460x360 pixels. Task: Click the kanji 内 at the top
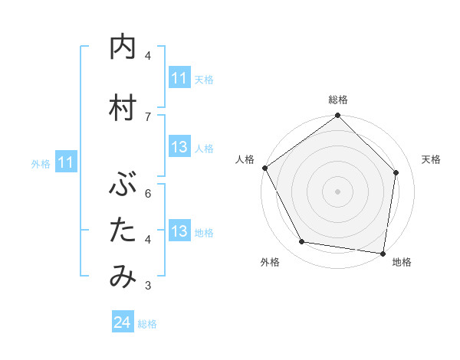coord(123,48)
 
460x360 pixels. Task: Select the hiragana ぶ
coord(123,184)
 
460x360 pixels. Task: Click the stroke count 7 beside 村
coord(148,116)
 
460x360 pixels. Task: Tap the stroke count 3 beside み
coord(148,286)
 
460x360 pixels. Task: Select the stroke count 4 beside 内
coord(148,56)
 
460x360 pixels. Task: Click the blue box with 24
coord(123,323)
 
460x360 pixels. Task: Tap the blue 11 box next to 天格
coord(179,78)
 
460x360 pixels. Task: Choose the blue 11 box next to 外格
coord(66,162)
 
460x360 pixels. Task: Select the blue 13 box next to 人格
coord(179,147)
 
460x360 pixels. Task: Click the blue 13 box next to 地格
coord(179,231)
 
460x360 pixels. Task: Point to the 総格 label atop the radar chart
coord(338,100)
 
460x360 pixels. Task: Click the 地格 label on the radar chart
coord(402,263)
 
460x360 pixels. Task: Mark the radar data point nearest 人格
coord(264,168)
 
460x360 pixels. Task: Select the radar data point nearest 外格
coord(302,242)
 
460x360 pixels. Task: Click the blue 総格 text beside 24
coord(147,324)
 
